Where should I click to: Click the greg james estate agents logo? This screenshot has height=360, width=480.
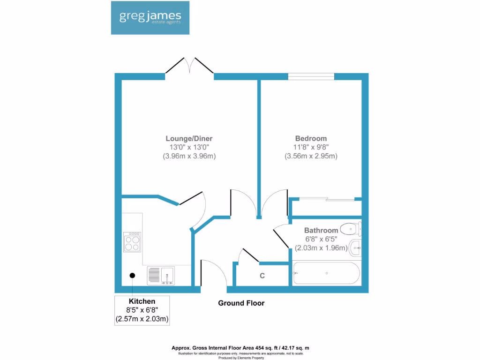pyautogui.click(x=150, y=18)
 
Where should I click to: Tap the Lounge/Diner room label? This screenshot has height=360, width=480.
pyautogui.click(x=189, y=139)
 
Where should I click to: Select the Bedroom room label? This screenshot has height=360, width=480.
pyautogui.click(x=311, y=139)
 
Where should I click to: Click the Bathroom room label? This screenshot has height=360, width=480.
pyautogui.click(x=321, y=231)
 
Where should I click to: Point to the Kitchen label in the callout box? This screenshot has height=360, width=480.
pyautogui.click(x=142, y=301)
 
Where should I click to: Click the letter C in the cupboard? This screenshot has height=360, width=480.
pyautogui.click(x=262, y=276)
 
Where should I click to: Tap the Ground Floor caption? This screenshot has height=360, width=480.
pyautogui.click(x=241, y=303)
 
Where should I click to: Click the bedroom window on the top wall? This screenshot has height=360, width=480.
pyautogui.click(x=311, y=76)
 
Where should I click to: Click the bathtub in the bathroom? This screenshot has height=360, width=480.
pyautogui.click(x=326, y=273)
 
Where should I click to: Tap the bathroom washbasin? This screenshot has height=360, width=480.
pyautogui.click(x=355, y=247)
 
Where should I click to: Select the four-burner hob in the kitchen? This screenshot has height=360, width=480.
pyautogui.click(x=132, y=241)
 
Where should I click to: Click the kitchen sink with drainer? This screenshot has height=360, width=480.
pyautogui.click(x=160, y=276)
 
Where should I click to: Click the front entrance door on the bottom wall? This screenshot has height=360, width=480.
pyautogui.click(x=213, y=274)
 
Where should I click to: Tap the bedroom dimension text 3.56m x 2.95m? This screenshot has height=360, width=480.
pyautogui.click(x=311, y=156)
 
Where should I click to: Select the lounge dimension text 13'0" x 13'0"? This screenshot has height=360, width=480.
pyautogui.click(x=189, y=147)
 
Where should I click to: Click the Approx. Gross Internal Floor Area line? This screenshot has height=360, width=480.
pyautogui.click(x=240, y=348)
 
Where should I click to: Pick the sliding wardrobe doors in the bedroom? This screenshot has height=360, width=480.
pyautogui.click(x=326, y=200)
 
